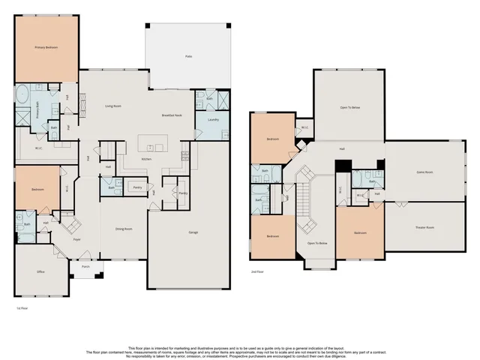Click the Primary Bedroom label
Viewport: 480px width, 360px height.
point(46,47)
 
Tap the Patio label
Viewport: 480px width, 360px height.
point(187,56)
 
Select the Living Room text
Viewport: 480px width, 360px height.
point(113,106)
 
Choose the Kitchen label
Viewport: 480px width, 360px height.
point(148,160)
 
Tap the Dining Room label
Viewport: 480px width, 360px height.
point(124,229)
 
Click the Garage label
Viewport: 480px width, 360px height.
point(193,233)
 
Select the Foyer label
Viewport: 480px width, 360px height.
point(76,240)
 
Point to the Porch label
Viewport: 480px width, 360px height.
point(85,265)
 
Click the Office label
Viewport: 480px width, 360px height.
point(40,272)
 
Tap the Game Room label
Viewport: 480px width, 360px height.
point(425,172)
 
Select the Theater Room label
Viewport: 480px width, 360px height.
point(425,226)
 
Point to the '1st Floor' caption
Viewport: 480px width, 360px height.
point(22,307)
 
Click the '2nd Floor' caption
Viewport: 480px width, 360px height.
point(258,272)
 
